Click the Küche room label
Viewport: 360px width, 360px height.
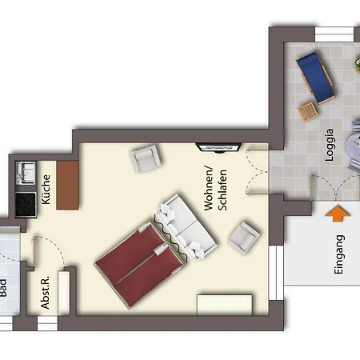click(x=46, y=190)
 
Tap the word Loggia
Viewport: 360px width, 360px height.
click(x=330, y=145)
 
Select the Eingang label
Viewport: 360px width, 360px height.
click(x=339, y=254)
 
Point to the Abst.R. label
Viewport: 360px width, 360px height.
click(x=45, y=292)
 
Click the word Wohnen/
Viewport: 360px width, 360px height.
click(x=209, y=189)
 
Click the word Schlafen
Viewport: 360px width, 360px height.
click(x=222, y=190)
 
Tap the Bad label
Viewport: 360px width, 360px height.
click(x=2, y=288)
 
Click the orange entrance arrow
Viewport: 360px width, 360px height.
click(x=338, y=214)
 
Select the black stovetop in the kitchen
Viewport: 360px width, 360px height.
click(x=26, y=205)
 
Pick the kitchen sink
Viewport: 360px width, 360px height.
click(x=26, y=173)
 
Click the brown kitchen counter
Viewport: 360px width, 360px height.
click(x=68, y=185)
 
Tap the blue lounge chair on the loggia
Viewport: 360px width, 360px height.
click(x=316, y=78)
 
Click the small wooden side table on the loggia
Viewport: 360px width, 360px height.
click(x=308, y=111)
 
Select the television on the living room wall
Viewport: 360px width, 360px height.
click(x=218, y=147)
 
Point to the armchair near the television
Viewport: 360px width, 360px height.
click(x=146, y=158)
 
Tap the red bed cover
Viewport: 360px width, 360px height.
click(x=138, y=264)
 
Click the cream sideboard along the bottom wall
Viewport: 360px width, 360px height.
click(x=225, y=305)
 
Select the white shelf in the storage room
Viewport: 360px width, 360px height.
click(x=64, y=293)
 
